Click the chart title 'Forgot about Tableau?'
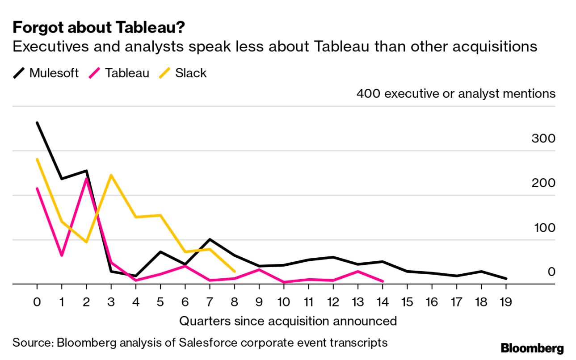pyautogui.click(x=98, y=28)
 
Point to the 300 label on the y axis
pyautogui.click(x=543, y=138)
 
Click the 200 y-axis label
pyautogui.click(x=543, y=183)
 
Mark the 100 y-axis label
pyautogui.click(x=544, y=228)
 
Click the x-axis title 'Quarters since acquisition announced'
pyautogui.click(x=288, y=321)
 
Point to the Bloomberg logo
pyautogui.click(x=532, y=348)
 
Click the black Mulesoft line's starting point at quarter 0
pyautogui.click(x=37, y=123)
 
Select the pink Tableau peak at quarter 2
pyautogui.click(x=86, y=179)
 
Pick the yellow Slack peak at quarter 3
pyautogui.click(x=111, y=175)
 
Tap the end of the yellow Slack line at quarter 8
pyautogui.click(x=234, y=271)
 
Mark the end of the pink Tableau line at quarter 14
pyautogui.click(x=383, y=281)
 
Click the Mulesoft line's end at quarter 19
pyautogui.click(x=505, y=279)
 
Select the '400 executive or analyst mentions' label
pyautogui.click(x=456, y=94)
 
